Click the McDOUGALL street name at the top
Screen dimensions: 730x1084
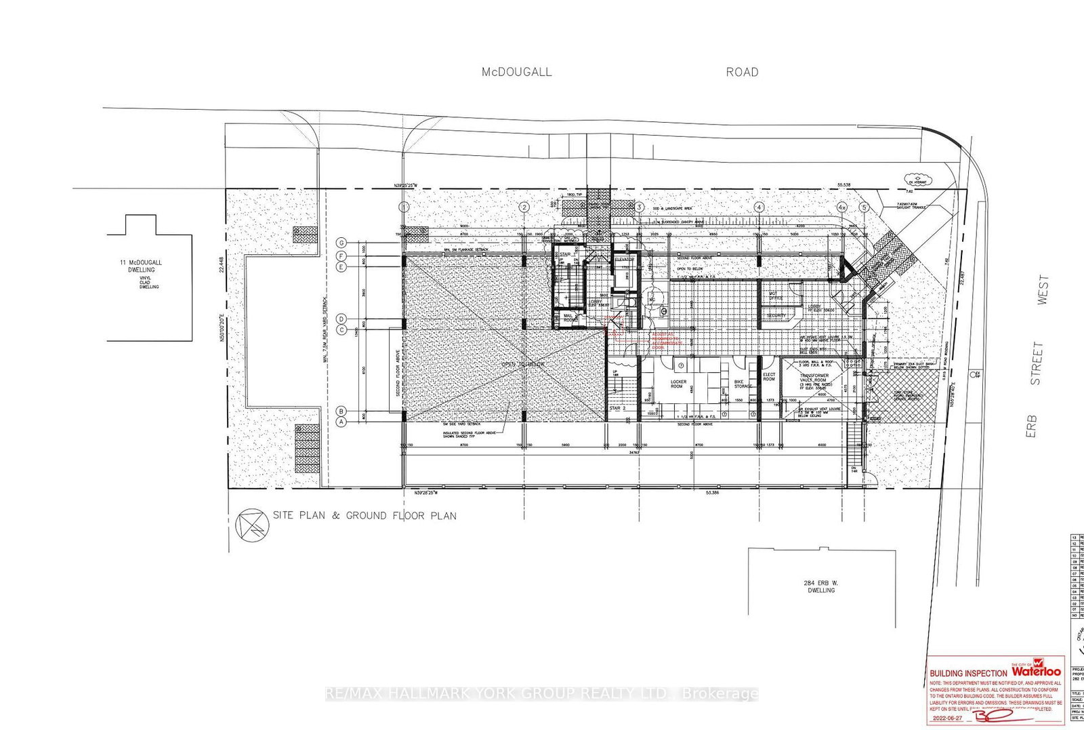516,72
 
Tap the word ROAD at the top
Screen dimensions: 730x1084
742,72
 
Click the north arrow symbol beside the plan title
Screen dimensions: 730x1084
252,524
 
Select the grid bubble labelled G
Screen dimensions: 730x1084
342,243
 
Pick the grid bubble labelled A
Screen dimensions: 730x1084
342,421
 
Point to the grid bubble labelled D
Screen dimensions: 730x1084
342,319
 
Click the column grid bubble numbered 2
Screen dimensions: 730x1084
523,207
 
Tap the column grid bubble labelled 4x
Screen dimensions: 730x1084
842,207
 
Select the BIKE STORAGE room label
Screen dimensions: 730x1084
743,384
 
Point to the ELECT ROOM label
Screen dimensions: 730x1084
769,377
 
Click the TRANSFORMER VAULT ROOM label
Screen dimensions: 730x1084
814,380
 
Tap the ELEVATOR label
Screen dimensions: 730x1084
624,260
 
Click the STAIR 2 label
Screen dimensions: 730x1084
616,409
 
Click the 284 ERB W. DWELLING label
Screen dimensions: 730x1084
821,586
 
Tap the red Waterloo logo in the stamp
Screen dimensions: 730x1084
1037,671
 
